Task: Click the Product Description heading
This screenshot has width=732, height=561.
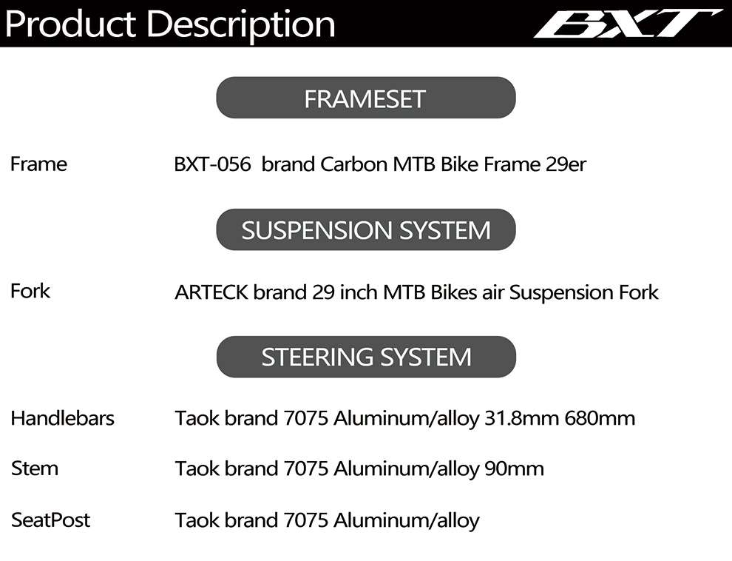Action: point(170,24)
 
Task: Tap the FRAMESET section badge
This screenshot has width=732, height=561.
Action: point(365,98)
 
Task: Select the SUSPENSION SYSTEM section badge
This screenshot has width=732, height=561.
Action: point(365,229)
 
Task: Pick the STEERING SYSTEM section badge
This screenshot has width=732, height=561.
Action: point(366,357)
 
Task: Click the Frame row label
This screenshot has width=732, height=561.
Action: point(38,164)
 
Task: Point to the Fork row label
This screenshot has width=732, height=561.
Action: point(30,291)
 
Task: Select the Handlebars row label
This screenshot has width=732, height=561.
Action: point(63,418)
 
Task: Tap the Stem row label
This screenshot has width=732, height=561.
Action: point(35,468)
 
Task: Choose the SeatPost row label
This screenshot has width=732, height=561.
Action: point(50,520)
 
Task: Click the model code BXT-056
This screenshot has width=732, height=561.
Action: point(212,164)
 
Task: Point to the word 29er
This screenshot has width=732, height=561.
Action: point(566,164)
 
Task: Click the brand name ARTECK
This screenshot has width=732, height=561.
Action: point(211,292)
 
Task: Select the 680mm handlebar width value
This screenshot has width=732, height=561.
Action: point(600,418)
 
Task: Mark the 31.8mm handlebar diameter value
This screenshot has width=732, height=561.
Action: point(521,418)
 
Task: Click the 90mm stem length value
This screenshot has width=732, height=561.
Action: point(515,468)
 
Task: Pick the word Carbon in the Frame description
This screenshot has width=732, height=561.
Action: point(354,164)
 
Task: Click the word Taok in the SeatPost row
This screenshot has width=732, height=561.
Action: point(197,520)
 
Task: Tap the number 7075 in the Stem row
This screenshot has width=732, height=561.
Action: point(306,468)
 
